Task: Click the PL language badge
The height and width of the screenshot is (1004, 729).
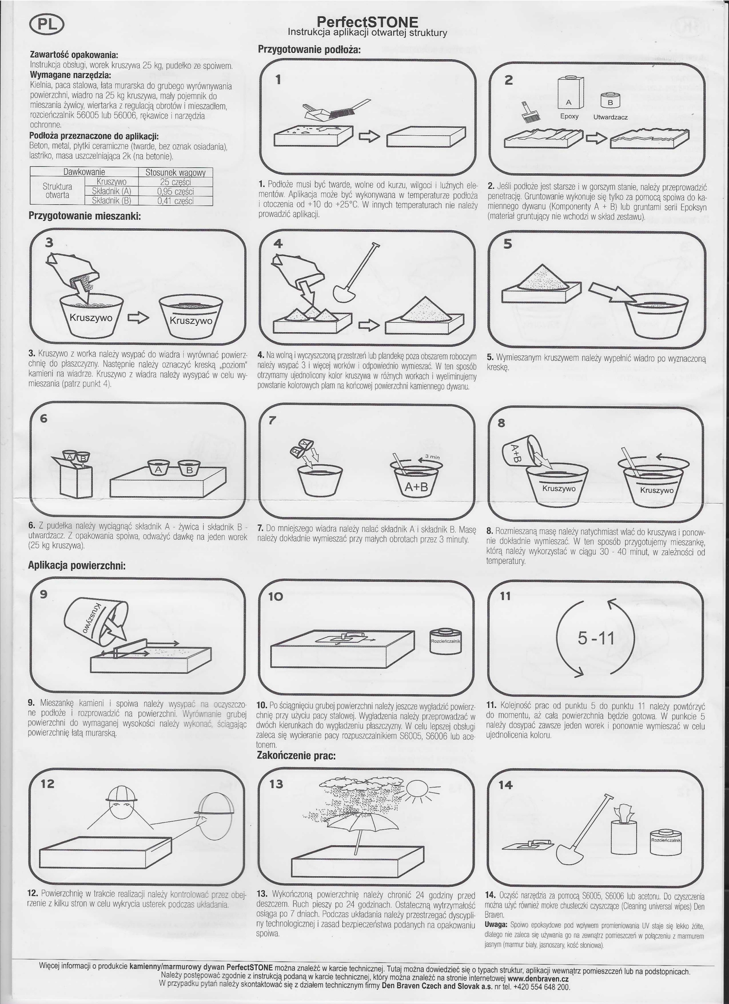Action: click(47, 25)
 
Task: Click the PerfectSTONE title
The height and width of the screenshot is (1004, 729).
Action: click(367, 22)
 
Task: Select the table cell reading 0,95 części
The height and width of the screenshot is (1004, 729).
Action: click(176, 192)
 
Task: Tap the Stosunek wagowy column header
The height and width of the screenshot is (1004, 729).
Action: click(176, 172)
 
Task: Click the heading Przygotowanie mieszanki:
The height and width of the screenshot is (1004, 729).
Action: click(85, 216)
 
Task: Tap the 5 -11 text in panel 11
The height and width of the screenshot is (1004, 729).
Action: click(596, 638)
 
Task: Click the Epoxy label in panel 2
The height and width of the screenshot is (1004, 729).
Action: click(569, 116)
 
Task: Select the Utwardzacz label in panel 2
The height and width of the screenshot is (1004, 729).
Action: click(611, 117)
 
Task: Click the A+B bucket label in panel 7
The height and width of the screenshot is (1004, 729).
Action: click(416, 487)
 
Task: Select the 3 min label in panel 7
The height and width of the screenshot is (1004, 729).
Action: click(432, 457)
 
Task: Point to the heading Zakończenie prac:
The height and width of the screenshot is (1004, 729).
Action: click(296, 755)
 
